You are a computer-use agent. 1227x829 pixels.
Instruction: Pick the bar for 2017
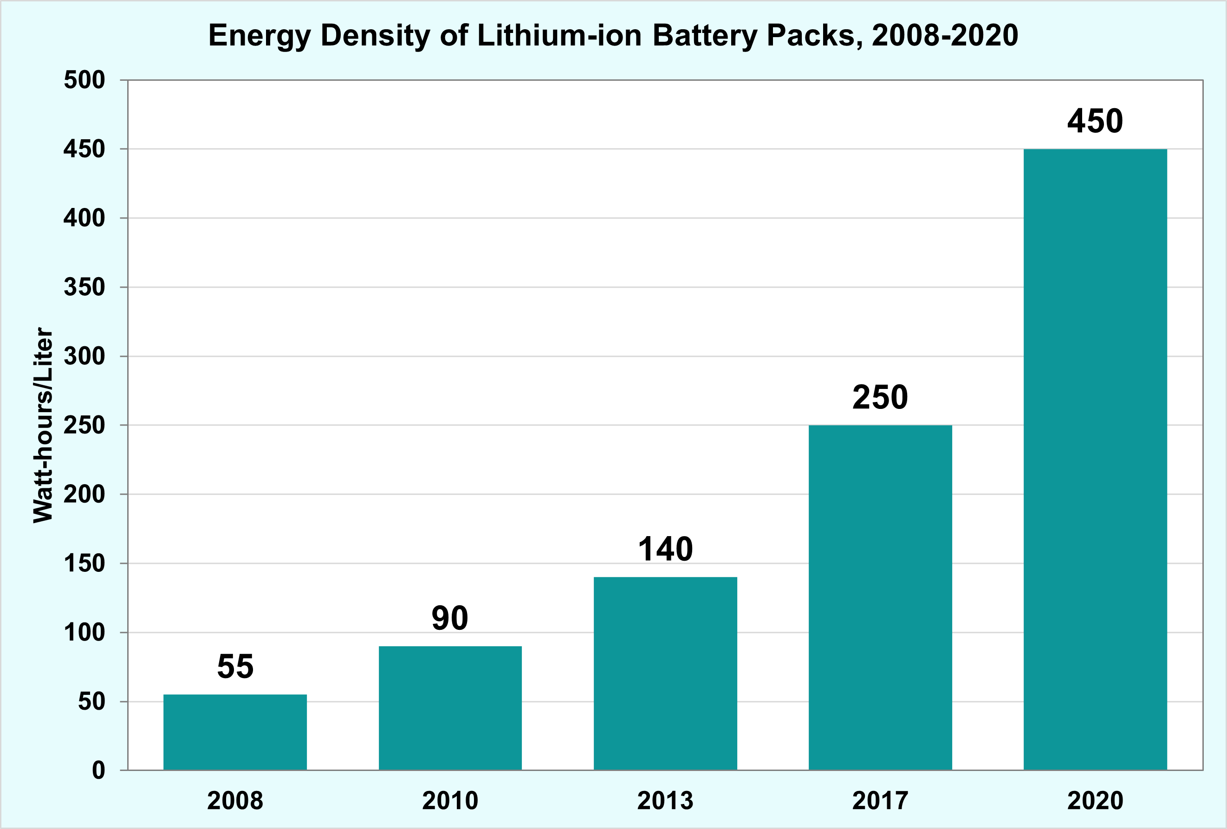pos(880,597)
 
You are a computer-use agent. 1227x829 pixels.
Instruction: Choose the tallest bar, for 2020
pos(1095,460)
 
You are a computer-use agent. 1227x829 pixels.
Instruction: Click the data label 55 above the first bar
pos(235,667)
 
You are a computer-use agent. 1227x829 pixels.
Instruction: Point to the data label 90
pos(450,618)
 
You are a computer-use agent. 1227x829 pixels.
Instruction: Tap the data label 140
pos(665,549)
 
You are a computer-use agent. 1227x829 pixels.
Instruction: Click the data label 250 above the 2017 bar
pos(880,397)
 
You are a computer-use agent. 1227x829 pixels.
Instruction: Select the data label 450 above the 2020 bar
pos(1095,121)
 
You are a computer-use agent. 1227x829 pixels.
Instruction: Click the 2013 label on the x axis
pos(665,801)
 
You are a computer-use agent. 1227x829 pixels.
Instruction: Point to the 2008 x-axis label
pos(235,801)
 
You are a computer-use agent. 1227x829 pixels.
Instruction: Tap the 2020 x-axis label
pos(1095,801)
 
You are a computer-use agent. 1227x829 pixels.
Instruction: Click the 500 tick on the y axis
pos(84,80)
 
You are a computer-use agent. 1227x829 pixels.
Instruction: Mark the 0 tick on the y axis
pos(99,771)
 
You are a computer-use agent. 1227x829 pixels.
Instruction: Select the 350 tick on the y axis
pos(84,287)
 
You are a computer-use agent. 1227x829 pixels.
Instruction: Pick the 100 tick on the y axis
pos(84,633)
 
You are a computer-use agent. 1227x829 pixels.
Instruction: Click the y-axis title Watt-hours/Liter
pos(43,426)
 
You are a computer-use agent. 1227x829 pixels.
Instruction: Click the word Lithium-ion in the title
pos(559,36)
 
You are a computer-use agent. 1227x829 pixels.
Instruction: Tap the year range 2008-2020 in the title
pos(945,36)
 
